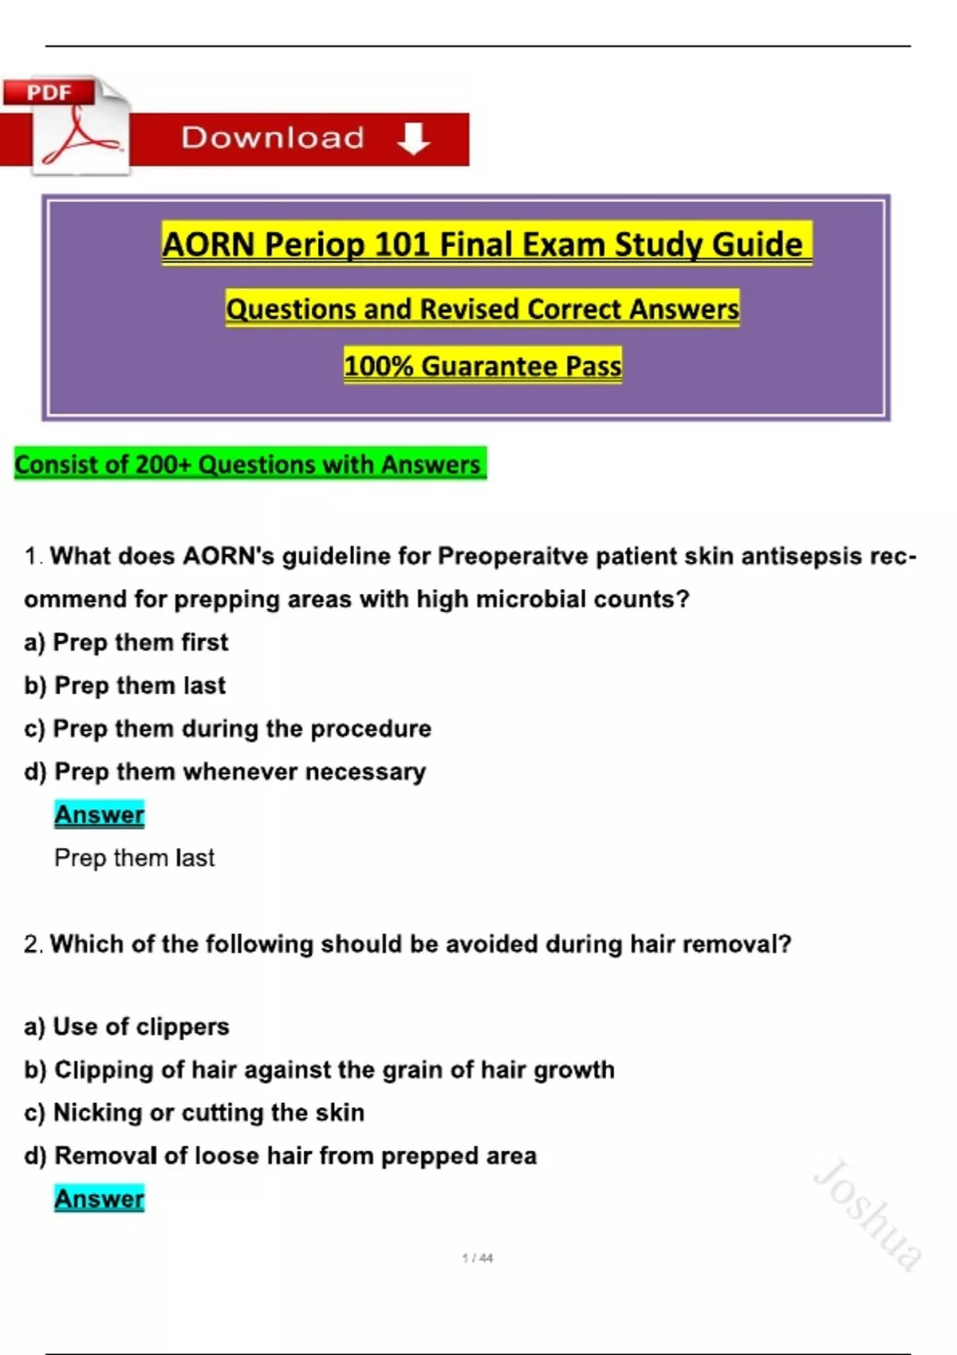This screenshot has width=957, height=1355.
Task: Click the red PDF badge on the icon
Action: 49,92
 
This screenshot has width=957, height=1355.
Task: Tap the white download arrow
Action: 413,139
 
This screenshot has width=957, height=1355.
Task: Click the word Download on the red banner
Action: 273,137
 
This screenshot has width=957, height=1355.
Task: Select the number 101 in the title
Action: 404,245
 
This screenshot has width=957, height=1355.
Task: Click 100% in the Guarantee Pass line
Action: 378,366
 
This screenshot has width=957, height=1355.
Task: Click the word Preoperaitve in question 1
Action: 513,556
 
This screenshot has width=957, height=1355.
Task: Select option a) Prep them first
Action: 126,642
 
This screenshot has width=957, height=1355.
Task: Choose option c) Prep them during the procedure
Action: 227,729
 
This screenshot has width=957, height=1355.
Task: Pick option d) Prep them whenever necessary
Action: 225,772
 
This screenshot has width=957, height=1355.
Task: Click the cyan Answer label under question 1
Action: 99,815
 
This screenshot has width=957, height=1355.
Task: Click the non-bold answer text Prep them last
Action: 135,858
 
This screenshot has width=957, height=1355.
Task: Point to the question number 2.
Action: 33,944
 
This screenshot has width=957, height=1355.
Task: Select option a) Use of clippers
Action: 127,1027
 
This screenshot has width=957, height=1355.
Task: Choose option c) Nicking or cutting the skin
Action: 195,1113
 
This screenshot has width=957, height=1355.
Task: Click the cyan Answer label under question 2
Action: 99,1199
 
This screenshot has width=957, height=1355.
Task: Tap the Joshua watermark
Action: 868,1215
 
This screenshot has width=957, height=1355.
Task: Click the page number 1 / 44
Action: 478,1259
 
